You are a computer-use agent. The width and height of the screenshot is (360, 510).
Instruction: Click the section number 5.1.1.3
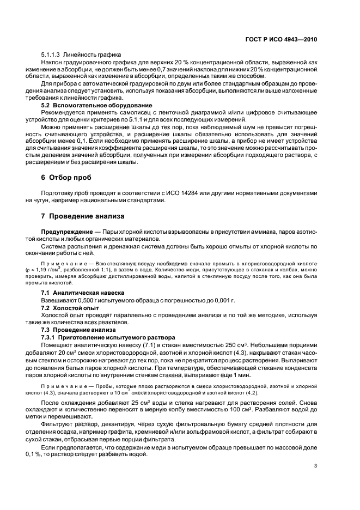click(x=51, y=56)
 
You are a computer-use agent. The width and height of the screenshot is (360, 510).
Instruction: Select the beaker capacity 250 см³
click(x=232, y=345)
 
